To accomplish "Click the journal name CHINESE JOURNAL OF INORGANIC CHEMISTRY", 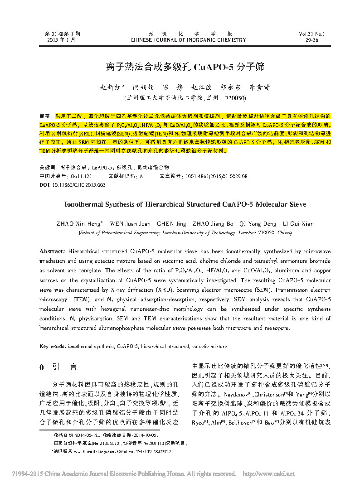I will point(188,40).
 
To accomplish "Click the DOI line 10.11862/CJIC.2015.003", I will point(73,185).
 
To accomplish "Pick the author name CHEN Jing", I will point(171,223).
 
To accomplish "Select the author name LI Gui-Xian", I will point(298,223).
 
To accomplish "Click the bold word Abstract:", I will point(53,251).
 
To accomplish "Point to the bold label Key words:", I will point(53,346).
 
